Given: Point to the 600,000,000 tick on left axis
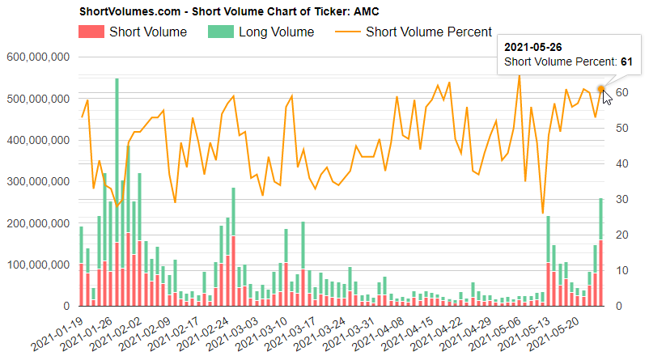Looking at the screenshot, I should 37,57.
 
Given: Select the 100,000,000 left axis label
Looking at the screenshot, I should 37,265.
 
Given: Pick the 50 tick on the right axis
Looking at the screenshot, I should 621,128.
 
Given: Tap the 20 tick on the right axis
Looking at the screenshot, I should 621,235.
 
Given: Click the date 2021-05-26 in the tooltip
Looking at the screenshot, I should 532,46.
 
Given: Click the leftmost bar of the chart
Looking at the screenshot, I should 81,267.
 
